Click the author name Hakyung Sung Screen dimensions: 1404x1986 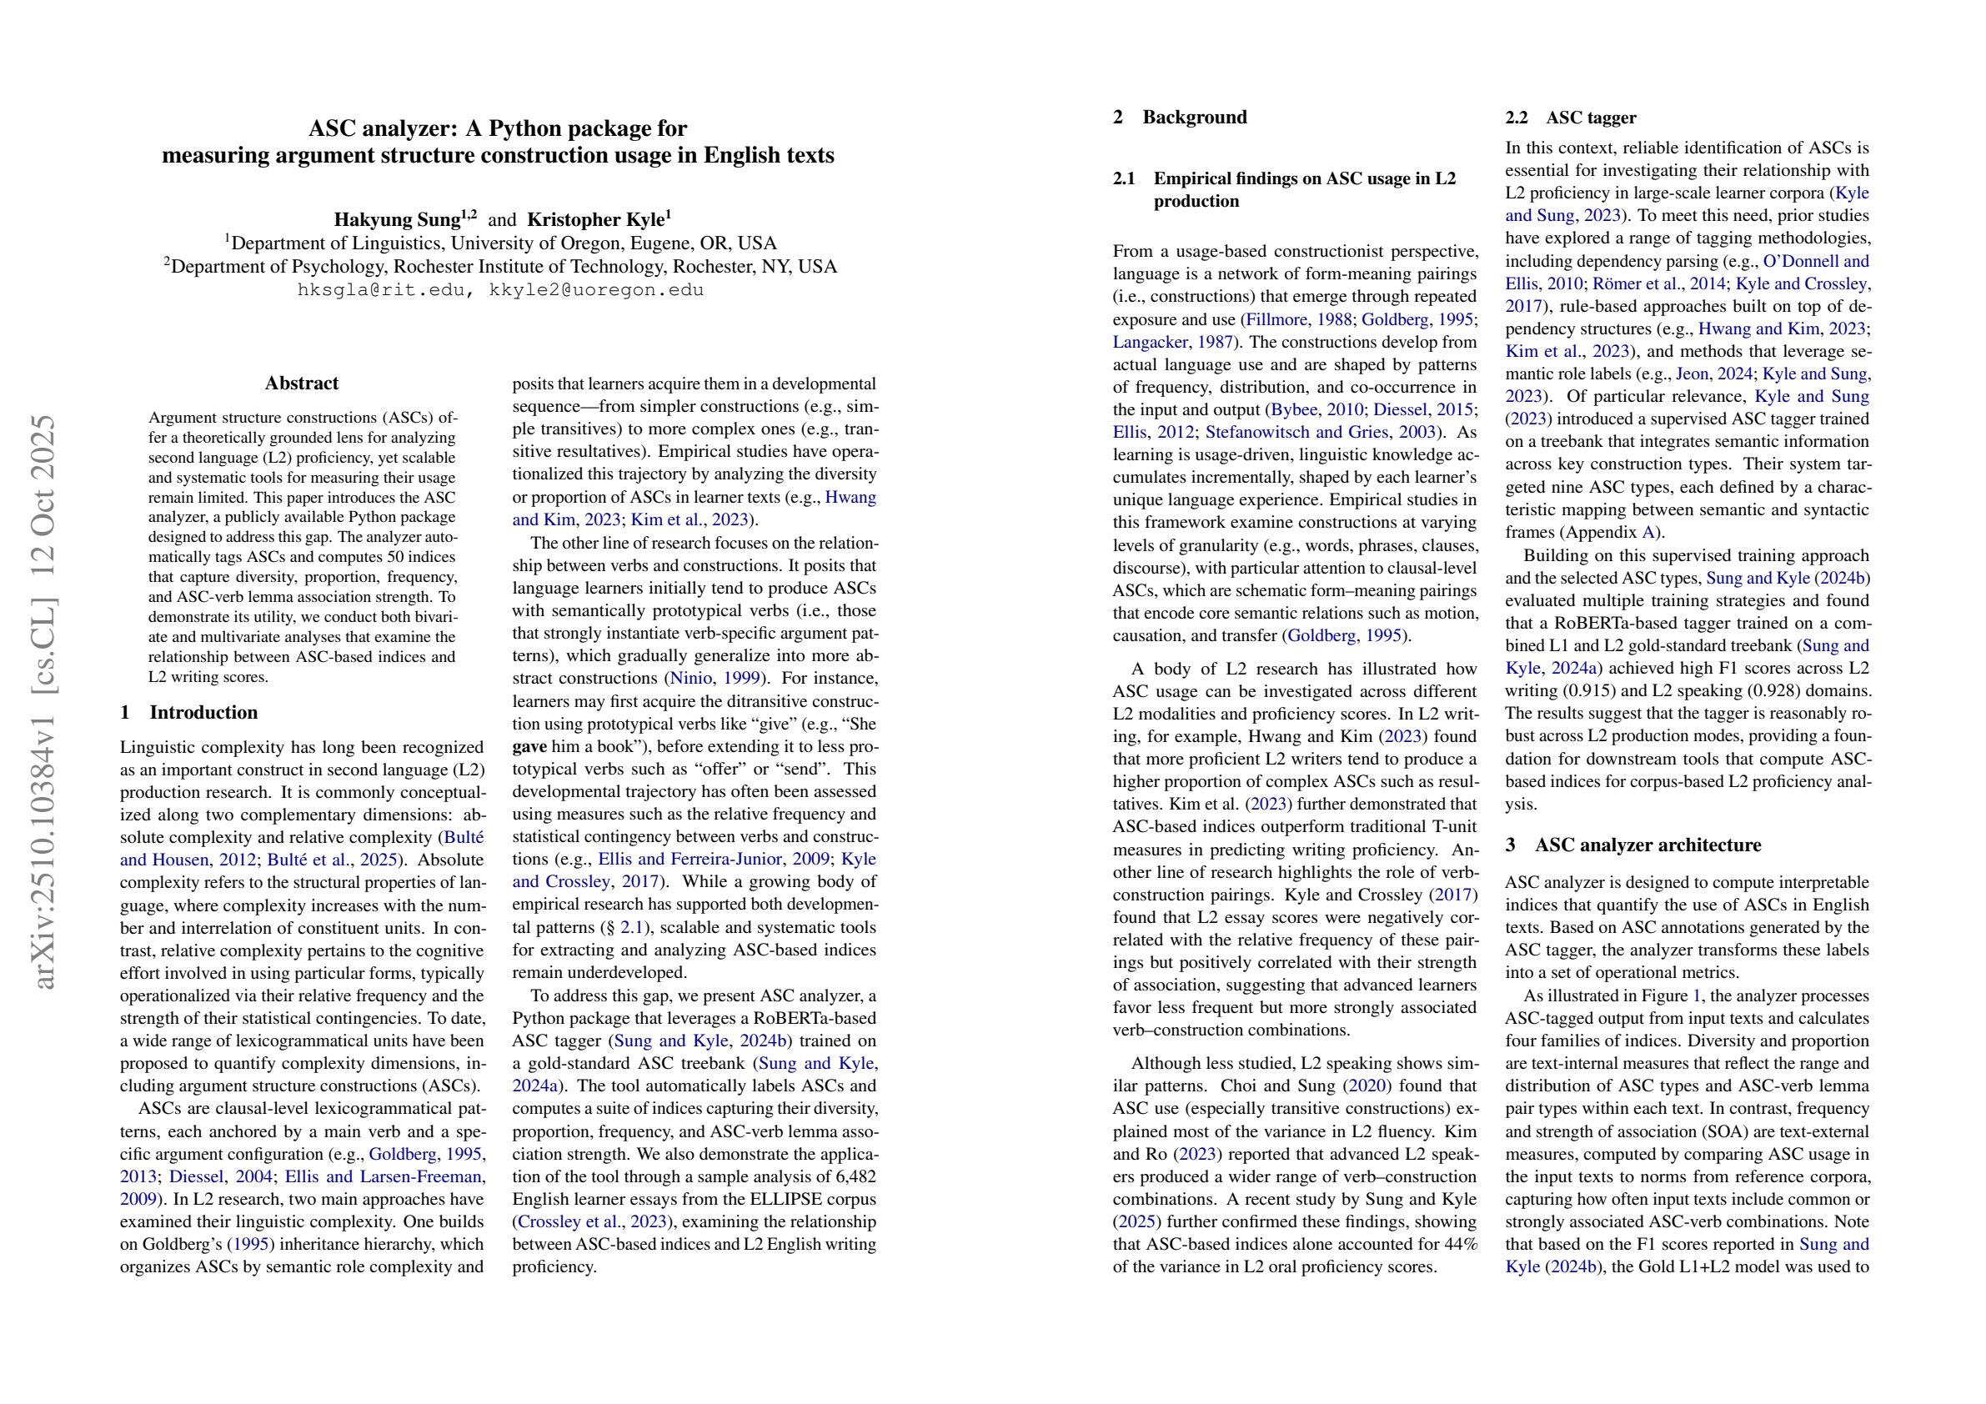397,220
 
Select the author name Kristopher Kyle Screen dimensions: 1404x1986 596,220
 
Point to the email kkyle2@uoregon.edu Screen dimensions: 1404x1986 596,290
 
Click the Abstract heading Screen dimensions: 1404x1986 302,384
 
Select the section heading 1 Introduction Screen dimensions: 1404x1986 188,712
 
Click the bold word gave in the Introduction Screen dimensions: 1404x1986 529,746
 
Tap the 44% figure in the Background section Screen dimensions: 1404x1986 1460,1245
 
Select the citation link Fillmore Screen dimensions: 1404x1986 1276,319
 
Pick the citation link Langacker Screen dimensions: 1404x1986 1150,342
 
